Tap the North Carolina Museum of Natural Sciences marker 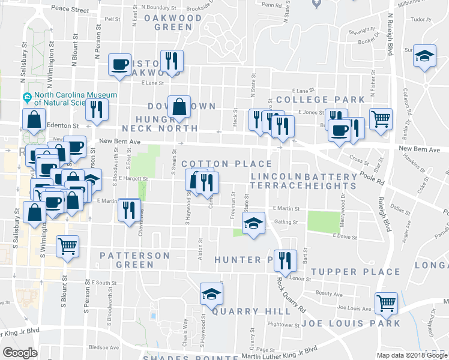pos(27,98)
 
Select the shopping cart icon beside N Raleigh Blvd pos(381,119)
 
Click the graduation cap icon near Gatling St pos(253,224)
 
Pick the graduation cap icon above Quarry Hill pos(211,294)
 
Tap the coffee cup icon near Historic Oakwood pos(119,65)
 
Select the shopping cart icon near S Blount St pos(68,247)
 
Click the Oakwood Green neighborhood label pos(173,22)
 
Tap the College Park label pos(321,99)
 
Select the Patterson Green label pos(134,260)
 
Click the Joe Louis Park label pos(351,323)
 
